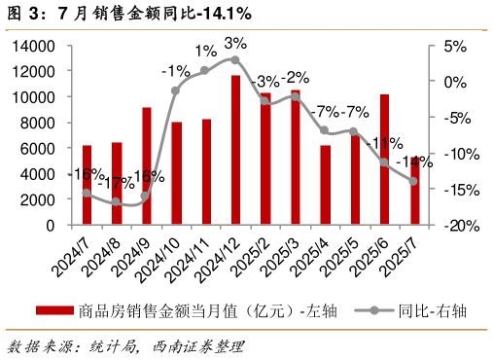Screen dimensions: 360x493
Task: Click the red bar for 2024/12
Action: click(x=235, y=150)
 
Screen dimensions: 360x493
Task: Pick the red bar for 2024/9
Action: click(x=147, y=166)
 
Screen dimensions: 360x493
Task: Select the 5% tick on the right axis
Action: click(x=454, y=46)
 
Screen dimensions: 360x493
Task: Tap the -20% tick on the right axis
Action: click(x=450, y=225)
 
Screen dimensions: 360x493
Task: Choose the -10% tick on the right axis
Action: click(x=450, y=154)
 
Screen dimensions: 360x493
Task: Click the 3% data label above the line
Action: click(x=235, y=43)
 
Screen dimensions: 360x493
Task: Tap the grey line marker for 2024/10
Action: click(x=176, y=90)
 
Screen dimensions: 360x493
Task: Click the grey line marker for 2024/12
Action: click(x=235, y=59)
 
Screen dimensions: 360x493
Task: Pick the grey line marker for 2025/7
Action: click(x=413, y=181)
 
